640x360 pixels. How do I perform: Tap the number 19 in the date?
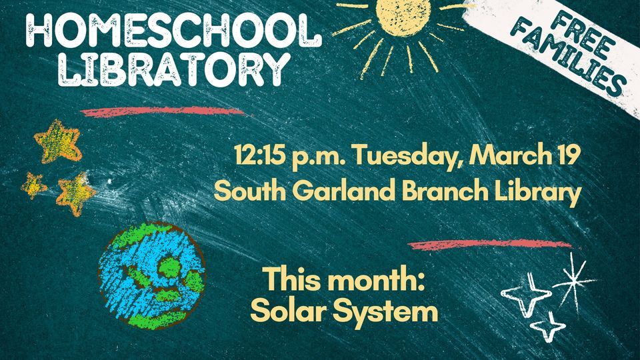tap(567, 157)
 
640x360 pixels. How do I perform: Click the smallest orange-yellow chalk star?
tap(32, 185)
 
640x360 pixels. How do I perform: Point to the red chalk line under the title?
tap(163, 111)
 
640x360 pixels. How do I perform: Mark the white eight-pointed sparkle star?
tap(571, 281)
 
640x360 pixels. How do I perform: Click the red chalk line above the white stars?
tap(490, 244)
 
